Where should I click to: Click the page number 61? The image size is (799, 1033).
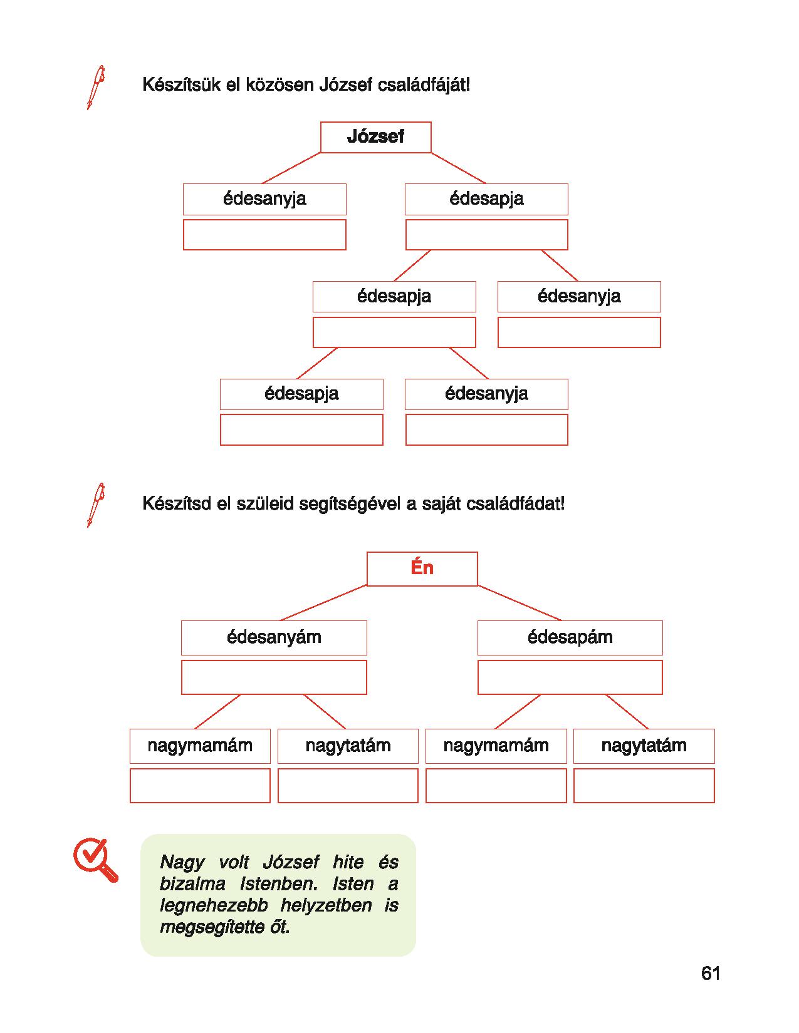point(711,973)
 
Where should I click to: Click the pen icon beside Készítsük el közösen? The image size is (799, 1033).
point(96,88)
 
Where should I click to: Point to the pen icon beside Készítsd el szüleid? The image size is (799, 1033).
point(96,505)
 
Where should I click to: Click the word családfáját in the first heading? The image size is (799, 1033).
point(424,86)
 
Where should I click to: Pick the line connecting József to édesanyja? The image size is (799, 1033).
point(291,168)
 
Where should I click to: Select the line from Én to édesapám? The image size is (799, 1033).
point(520,603)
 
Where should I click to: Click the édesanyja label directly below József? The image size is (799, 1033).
point(264,199)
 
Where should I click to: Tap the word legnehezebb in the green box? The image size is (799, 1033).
point(214,906)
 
